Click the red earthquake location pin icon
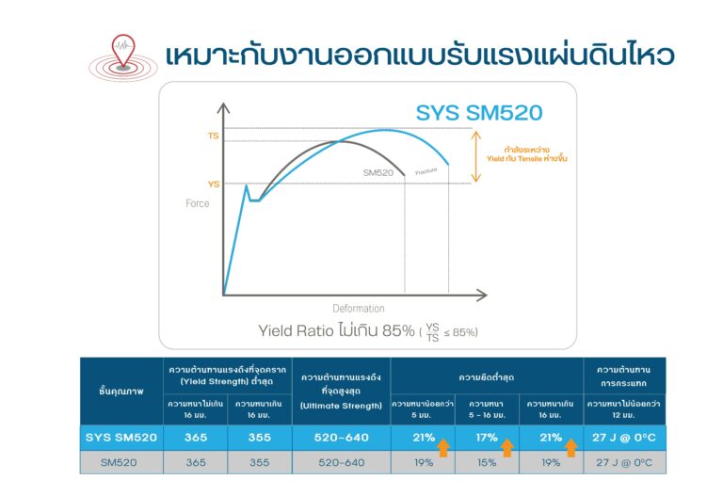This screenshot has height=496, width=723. click(x=123, y=50)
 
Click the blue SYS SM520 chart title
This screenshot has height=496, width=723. click(x=479, y=113)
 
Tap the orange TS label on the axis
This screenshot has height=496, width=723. click(x=213, y=136)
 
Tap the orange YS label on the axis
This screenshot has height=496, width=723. click(x=214, y=184)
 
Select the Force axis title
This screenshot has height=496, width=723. click(x=198, y=203)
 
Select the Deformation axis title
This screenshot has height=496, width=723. click(x=359, y=309)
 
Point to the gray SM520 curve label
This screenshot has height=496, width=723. click(x=378, y=173)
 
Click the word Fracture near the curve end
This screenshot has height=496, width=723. click(x=426, y=171)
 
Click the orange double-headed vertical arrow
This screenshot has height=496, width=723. click(x=476, y=156)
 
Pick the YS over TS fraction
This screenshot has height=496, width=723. click(x=432, y=332)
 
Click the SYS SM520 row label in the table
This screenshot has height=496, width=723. click(x=121, y=438)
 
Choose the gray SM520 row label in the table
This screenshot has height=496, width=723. click(x=119, y=462)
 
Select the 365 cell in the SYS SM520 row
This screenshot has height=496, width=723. click(x=196, y=438)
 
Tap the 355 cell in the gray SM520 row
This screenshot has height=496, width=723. click(x=260, y=462)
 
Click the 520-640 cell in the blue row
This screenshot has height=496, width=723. click(x=341, y=438)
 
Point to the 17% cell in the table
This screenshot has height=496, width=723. click(x=487, y=438)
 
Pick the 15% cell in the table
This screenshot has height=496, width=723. click(x=487, y=462)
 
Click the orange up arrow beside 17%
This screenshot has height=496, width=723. click(x=507, y=448)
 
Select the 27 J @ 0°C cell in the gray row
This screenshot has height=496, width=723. click(x=624, y=462)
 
